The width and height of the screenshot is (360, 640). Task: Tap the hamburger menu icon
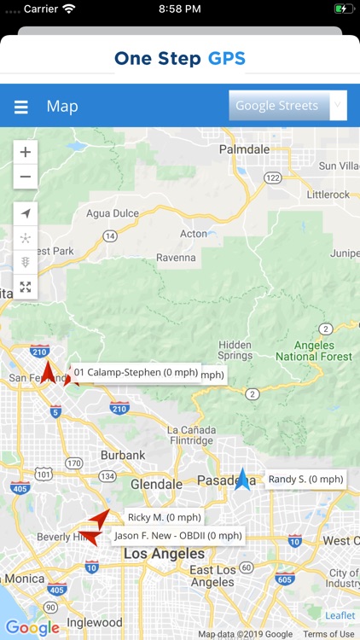click(21, 107)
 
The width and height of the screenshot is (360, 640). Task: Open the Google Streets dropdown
click(287, 106)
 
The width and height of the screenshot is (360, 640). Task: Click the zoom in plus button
click(26, 152)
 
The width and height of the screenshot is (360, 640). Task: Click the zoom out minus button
click(26, 177)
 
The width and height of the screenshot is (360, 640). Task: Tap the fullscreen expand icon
click(26, 287)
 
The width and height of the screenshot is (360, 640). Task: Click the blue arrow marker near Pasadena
click(243, 480)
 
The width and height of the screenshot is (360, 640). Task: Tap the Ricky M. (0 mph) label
click(164, 517)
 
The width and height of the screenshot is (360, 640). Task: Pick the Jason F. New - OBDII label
click(178, 536)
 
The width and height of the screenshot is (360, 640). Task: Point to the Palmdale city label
click(244, 148)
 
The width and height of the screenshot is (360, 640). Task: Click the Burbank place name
click(123, 455)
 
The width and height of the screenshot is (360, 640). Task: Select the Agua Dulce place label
click(110, 212)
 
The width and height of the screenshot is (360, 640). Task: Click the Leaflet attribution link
click(340, 615)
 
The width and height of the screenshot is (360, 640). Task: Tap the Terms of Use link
click(328, 634)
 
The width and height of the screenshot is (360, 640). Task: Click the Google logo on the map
click(32, 628)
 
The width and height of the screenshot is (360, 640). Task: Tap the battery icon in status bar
click(343, 9)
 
